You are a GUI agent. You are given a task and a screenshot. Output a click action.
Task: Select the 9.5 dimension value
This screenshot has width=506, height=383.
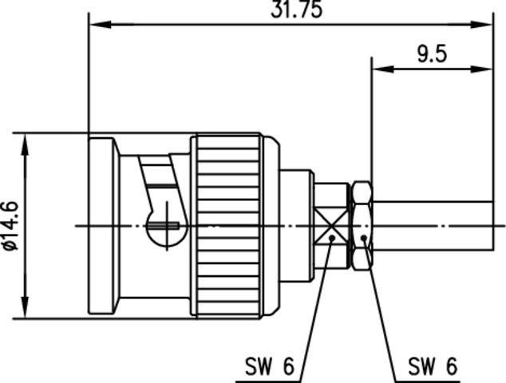[x=431, y=54]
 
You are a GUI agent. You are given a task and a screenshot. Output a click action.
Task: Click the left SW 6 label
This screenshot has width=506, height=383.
[x=270, y=367]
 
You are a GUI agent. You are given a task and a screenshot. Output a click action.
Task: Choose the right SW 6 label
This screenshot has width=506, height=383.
[x=432, y=367]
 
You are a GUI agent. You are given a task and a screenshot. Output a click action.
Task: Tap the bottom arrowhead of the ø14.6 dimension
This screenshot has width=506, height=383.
[x=26, y=311]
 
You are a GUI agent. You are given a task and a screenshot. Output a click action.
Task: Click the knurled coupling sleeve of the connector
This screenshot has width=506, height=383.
[x=227, y=226]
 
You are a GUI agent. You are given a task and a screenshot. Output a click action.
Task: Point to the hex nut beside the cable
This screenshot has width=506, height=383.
[x=361, y=226]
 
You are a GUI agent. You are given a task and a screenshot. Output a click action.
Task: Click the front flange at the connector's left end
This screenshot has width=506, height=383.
[x=102, y=226]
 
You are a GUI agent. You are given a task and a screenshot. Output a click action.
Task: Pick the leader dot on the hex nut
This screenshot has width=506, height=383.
[x=364, y=238]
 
